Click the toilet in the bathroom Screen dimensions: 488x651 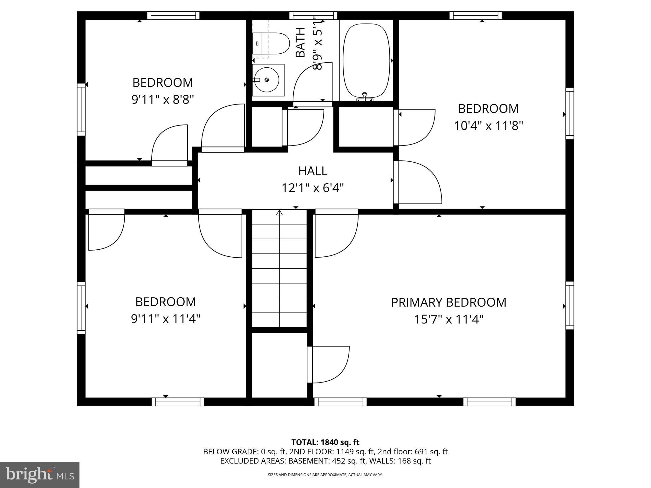tap(271, 44)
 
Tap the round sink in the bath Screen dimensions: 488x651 tap(266, 80)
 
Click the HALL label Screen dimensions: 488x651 tap(312, 171)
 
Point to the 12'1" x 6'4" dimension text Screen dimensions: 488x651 tap(312, 188)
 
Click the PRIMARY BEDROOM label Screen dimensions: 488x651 tap(448, 302)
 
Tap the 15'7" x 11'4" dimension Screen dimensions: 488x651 tap(448, 319)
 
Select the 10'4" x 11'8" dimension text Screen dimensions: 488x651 tap(488, 126)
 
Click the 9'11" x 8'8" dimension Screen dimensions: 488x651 tap(162, 100)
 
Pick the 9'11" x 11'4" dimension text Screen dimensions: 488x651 tap(165, 319)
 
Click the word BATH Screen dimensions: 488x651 tap(300, 42)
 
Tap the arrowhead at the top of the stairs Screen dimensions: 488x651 tap(279, 213)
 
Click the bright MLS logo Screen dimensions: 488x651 tap(40, 475)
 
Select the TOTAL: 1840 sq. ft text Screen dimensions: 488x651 tap(325, 442)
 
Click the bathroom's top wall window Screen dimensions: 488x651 tap(313, 15)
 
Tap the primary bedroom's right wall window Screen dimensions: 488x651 tap(570, 305)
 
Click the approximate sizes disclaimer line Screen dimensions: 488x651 tap(325, 475)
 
